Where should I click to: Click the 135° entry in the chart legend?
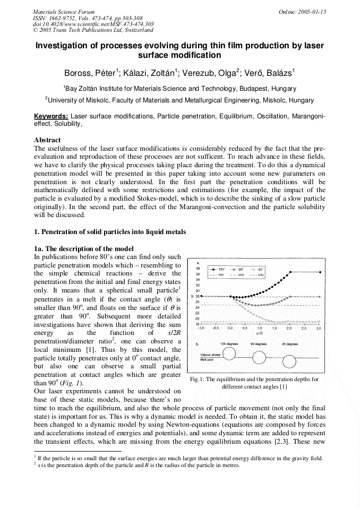[x=221, y=270]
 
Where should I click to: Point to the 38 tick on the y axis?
[x=198, y=269]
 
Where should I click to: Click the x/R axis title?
[x=259, y=333]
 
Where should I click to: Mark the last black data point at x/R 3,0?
[x=320, y=273]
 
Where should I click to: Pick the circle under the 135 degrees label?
[x=229, y=354]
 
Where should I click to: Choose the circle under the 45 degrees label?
[x=289, y=361]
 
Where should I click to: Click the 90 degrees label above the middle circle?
[x=259, y=344]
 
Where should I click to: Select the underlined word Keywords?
[x=51, y=116]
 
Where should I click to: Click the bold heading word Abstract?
[x=47, y=140]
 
